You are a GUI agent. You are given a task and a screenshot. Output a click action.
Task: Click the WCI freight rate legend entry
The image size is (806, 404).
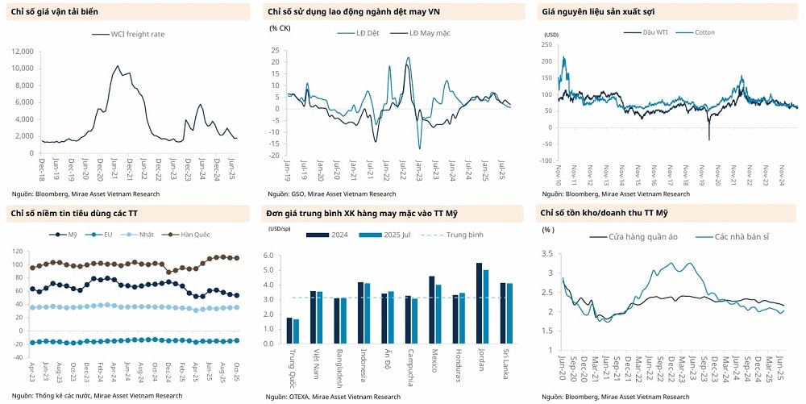(x=129, y=35)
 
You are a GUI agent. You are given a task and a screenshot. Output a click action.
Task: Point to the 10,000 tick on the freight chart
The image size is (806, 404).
(x=23, y=68)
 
